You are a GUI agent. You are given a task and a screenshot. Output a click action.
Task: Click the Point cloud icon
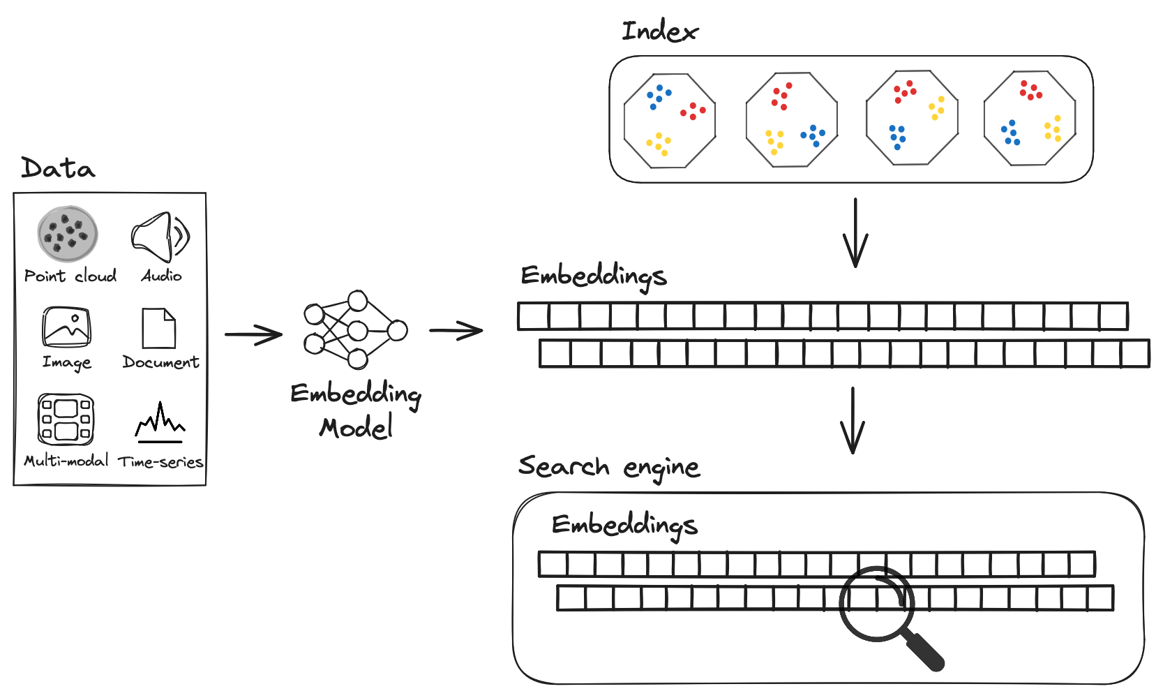pyautogui.click(x=68, y=234)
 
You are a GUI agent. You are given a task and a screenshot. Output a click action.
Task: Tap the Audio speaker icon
pyautogui.click(x=160, y=237)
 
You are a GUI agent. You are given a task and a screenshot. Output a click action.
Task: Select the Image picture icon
pyautogui.click(x=66, y=327)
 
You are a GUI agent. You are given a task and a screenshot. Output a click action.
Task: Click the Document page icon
pyautogui.click(x=159, y=328)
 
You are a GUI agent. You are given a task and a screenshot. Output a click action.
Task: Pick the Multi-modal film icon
pyautogui.click(x=66, y=419)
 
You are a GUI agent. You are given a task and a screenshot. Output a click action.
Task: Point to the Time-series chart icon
pyautogui.click(x=160, y=423)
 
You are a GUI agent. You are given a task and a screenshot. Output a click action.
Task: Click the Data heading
pyautogui.click(x=58, y=168)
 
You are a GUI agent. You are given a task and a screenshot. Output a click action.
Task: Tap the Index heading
pyautogui.click(x=659, y=31)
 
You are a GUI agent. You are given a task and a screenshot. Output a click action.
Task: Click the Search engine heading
pyautogui.click(x=608, y=467)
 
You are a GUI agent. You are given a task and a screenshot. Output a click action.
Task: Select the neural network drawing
pyautogui.click(x=356, y=330)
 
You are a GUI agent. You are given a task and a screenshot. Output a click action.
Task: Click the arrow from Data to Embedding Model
pyautogui.click(x=253, y=334)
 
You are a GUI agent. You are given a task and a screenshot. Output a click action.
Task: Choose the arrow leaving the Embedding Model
pyautogui.click(x=456, y=330)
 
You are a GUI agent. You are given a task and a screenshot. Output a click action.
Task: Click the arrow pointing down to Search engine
pyautogui.click(x=853, y=420)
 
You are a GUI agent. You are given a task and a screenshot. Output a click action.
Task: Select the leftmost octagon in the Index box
pyautogui.click(x=670, y=121)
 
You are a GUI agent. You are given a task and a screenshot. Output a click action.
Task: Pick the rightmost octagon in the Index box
pyautogui.click(x=1030, y=119)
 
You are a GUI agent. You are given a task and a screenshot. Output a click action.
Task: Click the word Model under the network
pyautogui.click(x=357, y=427)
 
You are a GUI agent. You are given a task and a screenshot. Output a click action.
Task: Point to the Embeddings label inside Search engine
pyautogui.click(x=624, y=525)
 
